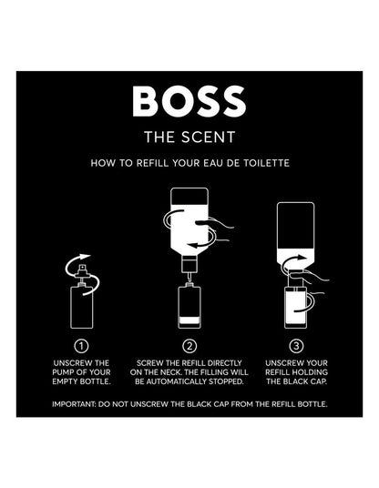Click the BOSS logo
pos(189,101)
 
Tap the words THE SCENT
pos(189,137)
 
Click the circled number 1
pos(82,346)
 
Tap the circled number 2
pos(189,346)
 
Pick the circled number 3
pos(296,346)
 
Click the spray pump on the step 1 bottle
pos(82,275)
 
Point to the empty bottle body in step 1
pos(82,308)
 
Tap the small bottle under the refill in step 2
pos(189,306)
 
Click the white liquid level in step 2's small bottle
pos(189,320)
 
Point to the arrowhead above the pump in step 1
pos(85,258)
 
